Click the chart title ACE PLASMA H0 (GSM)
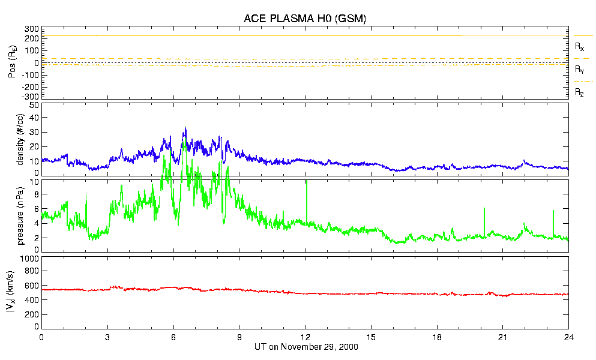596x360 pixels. [305, 19]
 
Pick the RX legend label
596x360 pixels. [580, 46]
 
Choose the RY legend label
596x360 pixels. [580, 70]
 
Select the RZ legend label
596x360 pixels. [580, 92]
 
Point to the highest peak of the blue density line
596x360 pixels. [185, 128]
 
